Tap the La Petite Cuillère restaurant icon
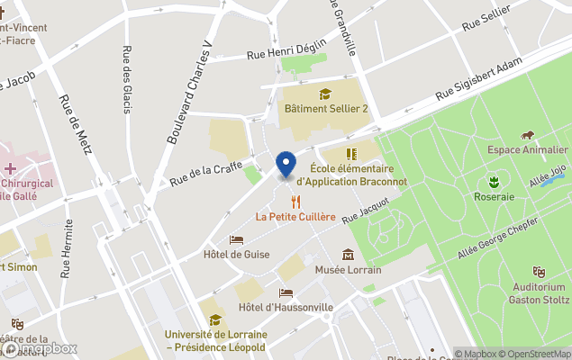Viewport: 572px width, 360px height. click(295, 202)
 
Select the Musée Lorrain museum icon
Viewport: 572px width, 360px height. click(348, 255)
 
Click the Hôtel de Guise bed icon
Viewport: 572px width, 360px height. click(236, 239)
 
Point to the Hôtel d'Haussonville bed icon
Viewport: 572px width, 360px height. click(286, 292)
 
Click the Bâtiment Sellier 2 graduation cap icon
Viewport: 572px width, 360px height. click(325, 93)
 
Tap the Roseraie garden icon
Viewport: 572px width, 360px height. click(493, 181)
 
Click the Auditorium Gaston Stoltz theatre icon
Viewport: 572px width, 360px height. click(539, 272)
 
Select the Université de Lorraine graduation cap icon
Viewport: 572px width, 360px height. click(214, 319)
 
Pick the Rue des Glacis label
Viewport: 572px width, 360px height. click(126, 79)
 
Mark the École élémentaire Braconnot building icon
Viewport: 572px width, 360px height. click(351, 154)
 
